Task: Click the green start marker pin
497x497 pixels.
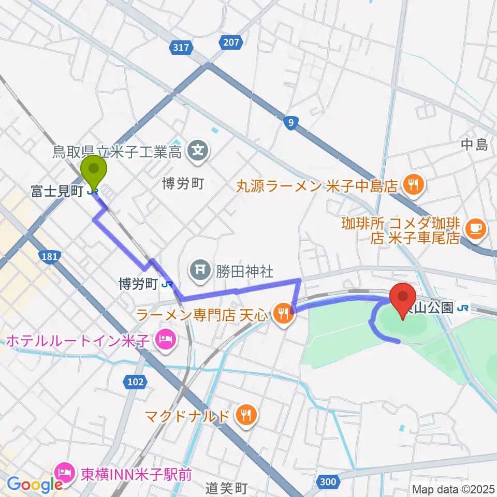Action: pos(94,171)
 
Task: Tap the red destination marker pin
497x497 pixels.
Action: pos(402,299)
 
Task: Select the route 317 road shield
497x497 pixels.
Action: pos(181,48)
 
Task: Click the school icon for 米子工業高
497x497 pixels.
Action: pos(198,151)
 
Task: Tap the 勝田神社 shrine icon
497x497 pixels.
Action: pos(199,269)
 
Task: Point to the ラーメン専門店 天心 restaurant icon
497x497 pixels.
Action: pos(283,313)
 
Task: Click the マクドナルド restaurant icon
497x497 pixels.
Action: pos(244,415)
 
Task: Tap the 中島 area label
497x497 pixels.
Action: pos(475,146)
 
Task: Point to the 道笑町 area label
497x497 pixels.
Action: pos(226,488)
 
